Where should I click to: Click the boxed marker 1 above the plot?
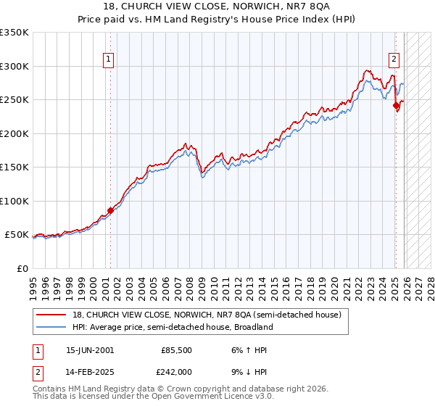pyautogui.click(x=108, y=59)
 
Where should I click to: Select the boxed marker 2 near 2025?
pyautogui.click(x=394, y=59)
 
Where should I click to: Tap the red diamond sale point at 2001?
pyautogui.click(x=111, y=211)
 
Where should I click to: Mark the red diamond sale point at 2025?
pyautogui.click(x=397, y=106)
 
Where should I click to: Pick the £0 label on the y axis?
pyautogui.click(x=22, y=268)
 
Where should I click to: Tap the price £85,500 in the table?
pyautogui.click(x=176, y=350)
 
